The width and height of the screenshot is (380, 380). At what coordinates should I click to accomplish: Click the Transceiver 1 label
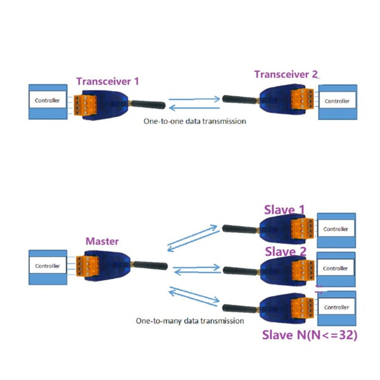(x=108, y=81)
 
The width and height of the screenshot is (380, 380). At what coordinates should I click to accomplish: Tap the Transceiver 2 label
(x=286, y=75)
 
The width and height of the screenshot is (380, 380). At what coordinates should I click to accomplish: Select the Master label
(x=102, y=241)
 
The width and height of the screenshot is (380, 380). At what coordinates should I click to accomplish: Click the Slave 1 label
(x=285, y=210)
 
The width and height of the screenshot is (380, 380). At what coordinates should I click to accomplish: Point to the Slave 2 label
(x=285, y=251)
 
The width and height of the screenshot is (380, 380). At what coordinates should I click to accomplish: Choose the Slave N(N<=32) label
(x=310, y=335)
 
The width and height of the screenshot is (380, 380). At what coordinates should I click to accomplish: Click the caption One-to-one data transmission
(x=195, y=121)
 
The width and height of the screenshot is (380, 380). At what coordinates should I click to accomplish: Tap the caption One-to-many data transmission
(x=190, y=321)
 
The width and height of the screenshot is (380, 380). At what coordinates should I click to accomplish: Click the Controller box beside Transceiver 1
(x=47, y=101)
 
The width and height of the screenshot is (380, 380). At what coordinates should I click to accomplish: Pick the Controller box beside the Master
(x=47, y=266)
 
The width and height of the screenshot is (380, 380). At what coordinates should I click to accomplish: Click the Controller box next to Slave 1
(x=336, y=229)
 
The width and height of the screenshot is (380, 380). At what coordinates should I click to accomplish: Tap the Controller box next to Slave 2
(x=335, y=268)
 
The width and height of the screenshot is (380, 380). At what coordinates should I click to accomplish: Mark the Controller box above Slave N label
(x=336, y=307)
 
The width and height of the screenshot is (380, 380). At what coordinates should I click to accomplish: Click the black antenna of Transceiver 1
(x=148, y=104)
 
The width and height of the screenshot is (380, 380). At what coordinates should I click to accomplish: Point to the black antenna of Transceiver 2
(x=240, y=99)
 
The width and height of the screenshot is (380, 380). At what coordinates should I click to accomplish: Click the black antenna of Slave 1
(x=240, y=229)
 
